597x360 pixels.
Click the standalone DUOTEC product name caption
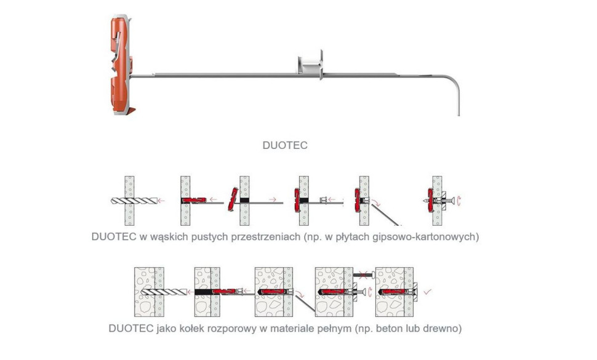point(285,146)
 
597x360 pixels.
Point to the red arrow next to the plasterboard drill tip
point(161,200)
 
